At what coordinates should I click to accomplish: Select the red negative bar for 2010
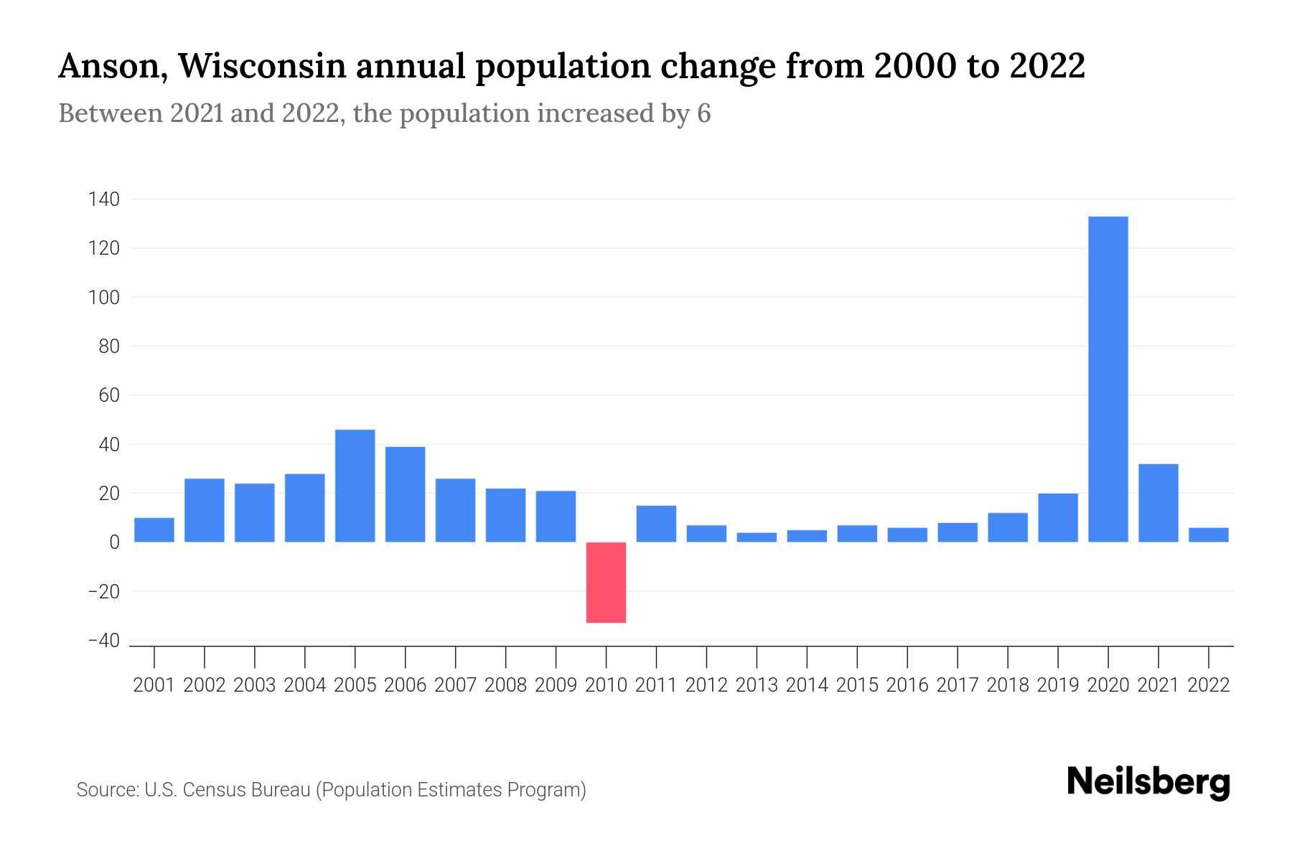[606, 582]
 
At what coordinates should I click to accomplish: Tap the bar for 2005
[355, 486]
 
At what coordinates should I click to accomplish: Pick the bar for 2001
[154, 530]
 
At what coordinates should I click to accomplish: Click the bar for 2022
[1209, 535]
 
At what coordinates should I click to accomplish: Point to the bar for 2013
[757, 537]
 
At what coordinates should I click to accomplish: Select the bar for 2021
[1158, 503]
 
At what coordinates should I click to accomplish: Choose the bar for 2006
[405, 494]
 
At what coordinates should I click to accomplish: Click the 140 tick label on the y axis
[103, 199]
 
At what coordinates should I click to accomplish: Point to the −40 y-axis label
[103, 641]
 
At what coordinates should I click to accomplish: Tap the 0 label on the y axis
[114, 542]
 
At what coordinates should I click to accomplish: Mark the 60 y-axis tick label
[108, 395]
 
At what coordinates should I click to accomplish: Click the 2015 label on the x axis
[857, 685]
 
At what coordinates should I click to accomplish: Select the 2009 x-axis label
[556, 685]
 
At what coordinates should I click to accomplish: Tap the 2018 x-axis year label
[1008, 685]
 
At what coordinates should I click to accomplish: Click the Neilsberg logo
[1148, 782]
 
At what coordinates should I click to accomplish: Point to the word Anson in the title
[113, 66]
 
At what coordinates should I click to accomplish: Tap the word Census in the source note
[212, 790]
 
